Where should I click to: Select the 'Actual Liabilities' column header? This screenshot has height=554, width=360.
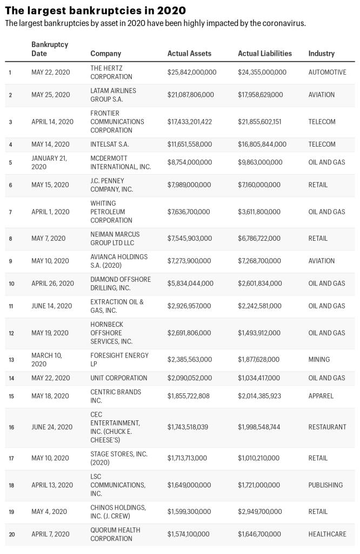coord(264,54)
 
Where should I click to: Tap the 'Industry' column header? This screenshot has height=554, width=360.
coord(321,54)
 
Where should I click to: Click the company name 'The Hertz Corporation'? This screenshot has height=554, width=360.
coord(112,72)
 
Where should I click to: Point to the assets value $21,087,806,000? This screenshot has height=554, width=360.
coord(190,95)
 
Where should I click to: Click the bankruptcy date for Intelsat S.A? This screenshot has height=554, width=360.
coord(50,144)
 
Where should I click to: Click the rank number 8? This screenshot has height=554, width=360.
coord(10,239)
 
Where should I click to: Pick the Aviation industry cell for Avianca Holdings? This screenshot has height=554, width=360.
coord(322,261)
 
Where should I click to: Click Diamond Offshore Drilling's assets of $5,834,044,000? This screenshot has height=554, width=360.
coord(190,283)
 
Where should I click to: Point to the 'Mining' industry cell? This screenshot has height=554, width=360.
coord(319,359)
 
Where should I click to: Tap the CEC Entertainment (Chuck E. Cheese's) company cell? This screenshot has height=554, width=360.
coord(115,427)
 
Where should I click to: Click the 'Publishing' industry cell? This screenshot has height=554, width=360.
coord(325,485)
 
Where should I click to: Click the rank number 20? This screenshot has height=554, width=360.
coord(11,535)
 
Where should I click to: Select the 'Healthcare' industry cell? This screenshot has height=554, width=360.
coord(327,534)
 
